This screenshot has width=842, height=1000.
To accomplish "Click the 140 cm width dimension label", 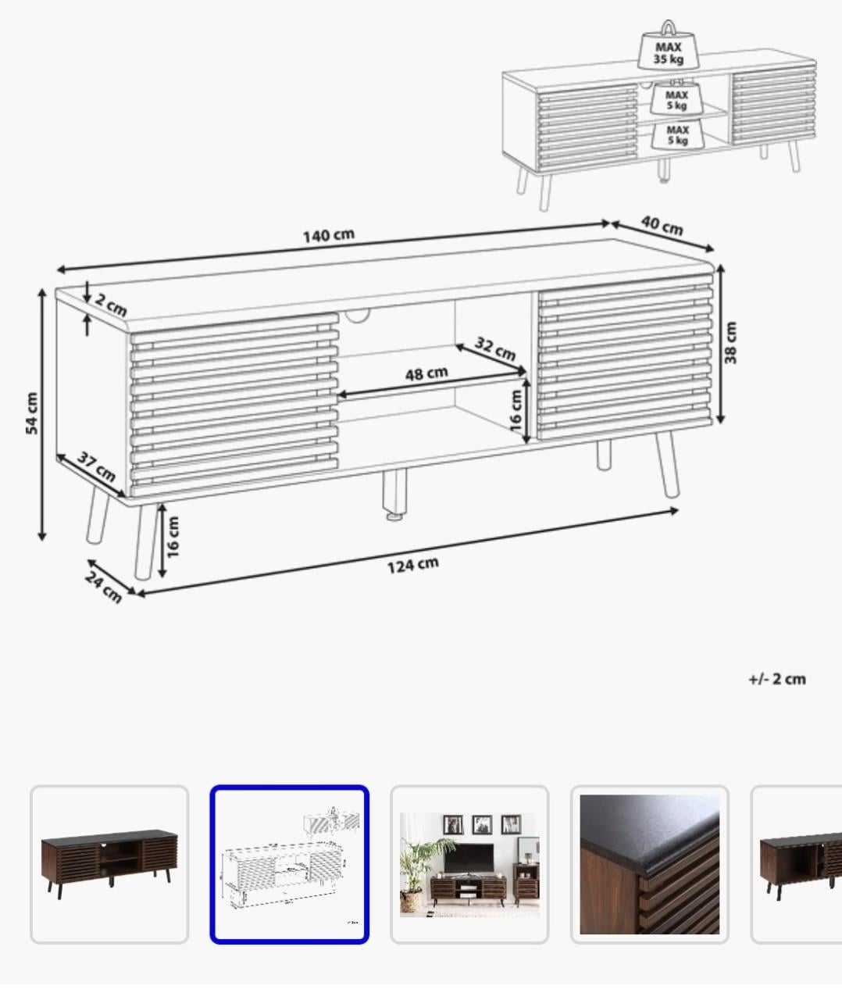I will click(328, 235).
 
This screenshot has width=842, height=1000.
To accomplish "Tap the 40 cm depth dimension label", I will click(662, 226).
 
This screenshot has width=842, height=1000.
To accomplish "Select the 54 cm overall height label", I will click(32, 413).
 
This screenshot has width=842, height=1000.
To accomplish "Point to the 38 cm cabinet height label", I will click(731, 343).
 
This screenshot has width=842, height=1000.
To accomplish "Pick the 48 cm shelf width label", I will click(426, 373).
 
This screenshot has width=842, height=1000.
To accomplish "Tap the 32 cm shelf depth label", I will click(495, 348).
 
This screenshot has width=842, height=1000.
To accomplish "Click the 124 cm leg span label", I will click(412, 564).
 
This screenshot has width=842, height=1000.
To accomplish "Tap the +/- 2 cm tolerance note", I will click(776, 679).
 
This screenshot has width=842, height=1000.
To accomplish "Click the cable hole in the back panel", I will click(358, 316).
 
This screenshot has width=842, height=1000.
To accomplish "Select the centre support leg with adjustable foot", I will click(394, 495).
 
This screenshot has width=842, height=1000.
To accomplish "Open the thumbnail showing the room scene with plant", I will click(469, 864).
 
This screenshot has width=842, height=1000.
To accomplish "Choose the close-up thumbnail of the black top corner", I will click(649, 864).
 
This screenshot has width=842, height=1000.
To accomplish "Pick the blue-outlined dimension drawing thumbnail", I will click(289, 864).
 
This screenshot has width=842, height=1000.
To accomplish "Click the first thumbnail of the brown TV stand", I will click(109, 864).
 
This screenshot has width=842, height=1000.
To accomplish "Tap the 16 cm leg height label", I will click(173, 537).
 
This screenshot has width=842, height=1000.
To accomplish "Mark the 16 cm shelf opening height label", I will click(516, 410).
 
